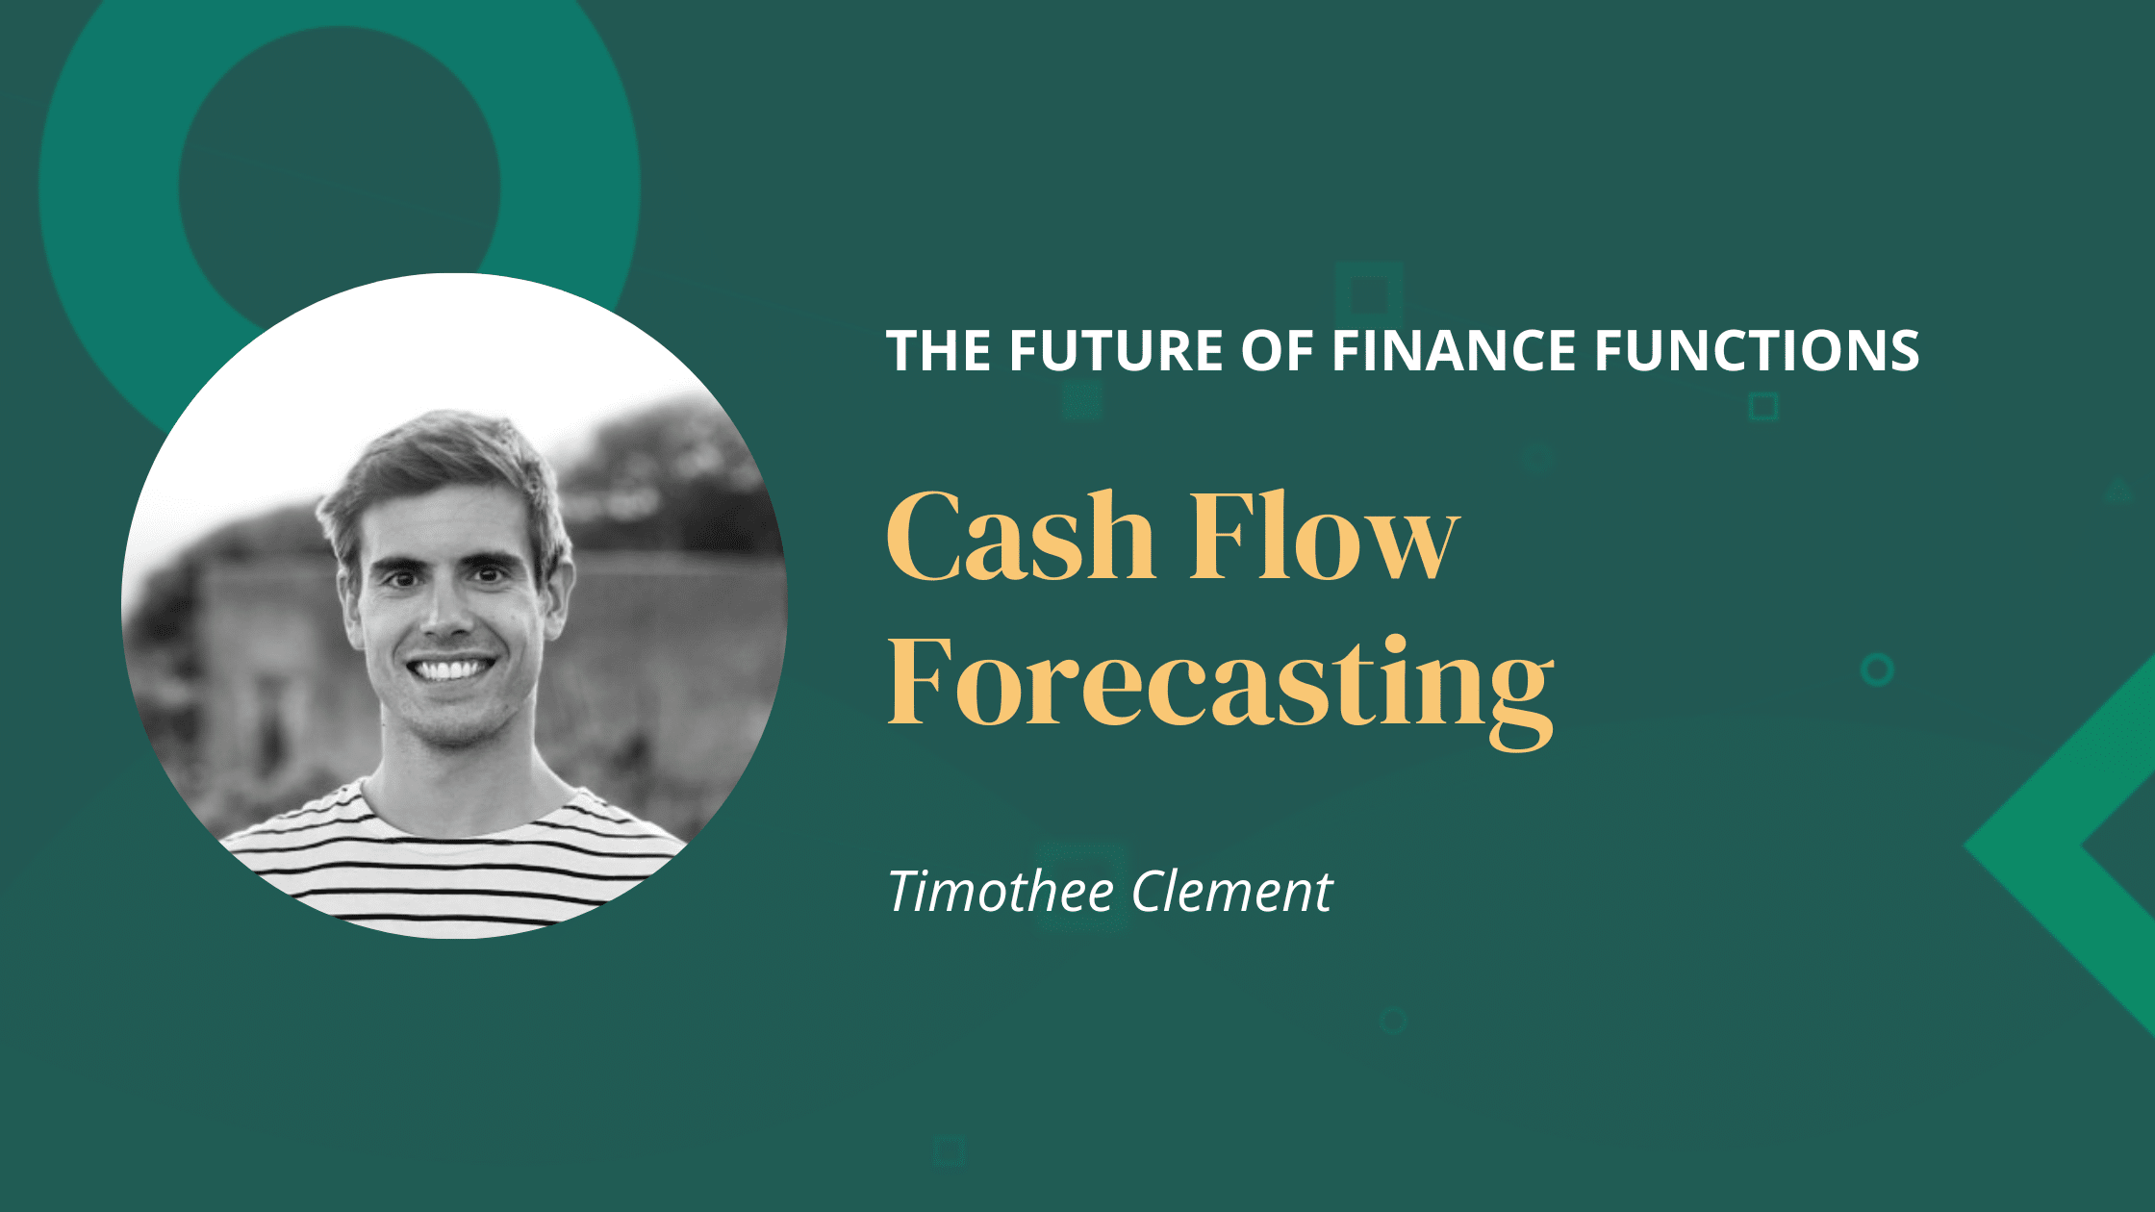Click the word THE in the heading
(939, 350)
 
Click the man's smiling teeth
(449, 668)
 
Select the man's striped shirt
(452, 866)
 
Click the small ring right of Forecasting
(1877, 669)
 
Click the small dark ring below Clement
(1392, 1021)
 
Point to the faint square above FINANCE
(1369, 294)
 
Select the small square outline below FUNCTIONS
(1763, 407)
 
